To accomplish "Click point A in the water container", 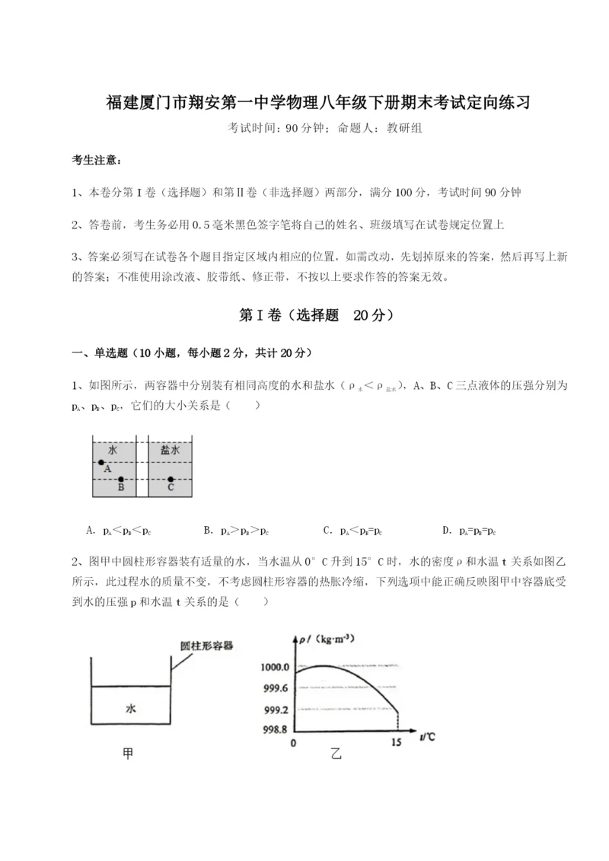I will (x=101, y=462).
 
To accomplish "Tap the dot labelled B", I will (x=121, y=480).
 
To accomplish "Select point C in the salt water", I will (x=171, y=480).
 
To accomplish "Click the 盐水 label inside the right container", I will (x=170, y=450).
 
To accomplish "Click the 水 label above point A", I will (x=112, y=450).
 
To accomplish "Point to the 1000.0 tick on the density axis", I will (x=274, y=667).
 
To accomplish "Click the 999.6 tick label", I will (x=275, y=688).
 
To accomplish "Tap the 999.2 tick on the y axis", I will (x=275, y=710).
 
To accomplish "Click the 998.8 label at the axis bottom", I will (x=275, y=729).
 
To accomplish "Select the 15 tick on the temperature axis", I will (x=396, y=742).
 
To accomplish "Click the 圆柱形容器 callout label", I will (x=206, y=645).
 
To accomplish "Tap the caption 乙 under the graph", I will (x=336, y=754).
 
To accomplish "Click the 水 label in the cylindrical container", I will (x=131, y=707).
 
